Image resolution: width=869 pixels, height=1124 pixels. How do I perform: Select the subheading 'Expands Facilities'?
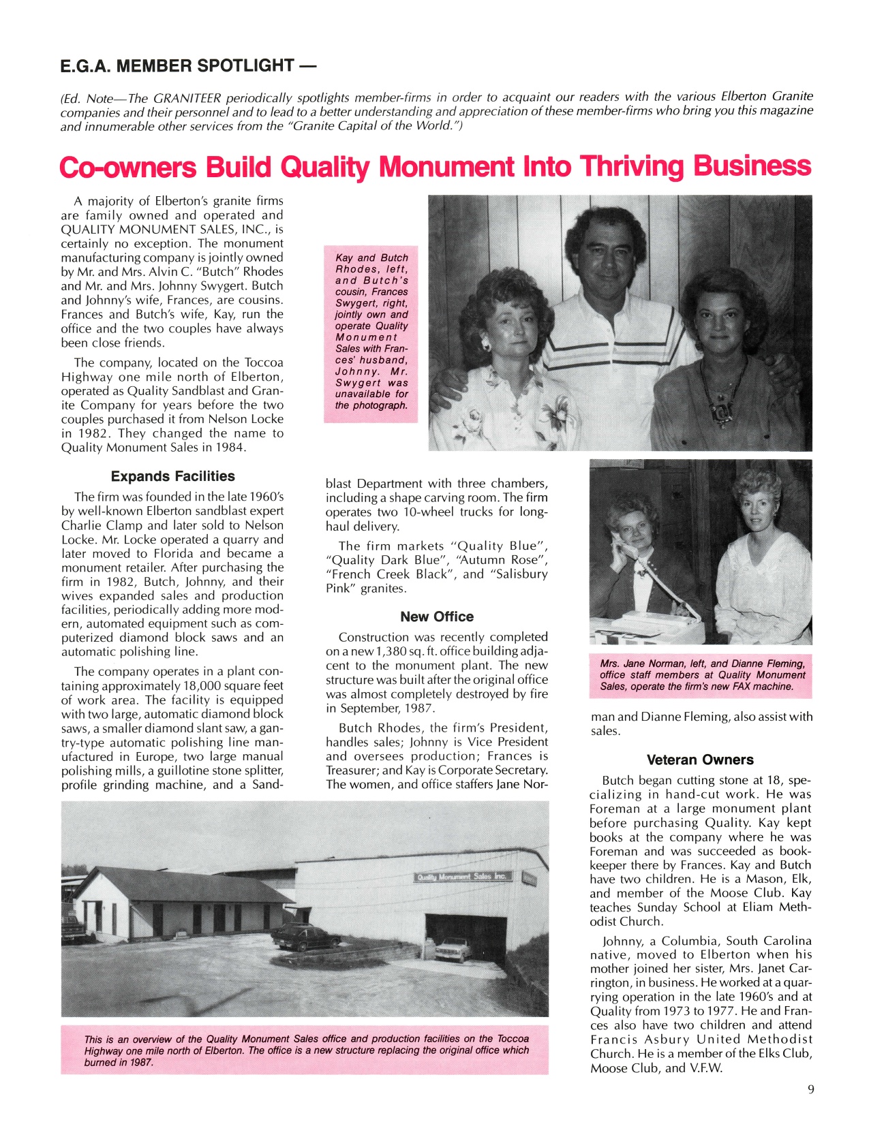(172, 476)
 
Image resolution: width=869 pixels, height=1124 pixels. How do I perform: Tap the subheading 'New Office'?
(437, 616)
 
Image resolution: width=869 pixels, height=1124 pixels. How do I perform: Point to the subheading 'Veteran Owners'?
(700, 760)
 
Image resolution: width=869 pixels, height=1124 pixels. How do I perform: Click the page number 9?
(810, 1089)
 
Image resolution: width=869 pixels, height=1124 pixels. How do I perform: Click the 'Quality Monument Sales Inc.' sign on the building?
(461, 877)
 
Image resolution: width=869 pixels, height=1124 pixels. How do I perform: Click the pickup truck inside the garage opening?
(455, 949)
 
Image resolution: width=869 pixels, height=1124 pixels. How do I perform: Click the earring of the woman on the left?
(485, 345)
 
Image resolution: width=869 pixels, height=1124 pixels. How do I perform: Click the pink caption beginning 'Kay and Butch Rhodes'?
(371, 331)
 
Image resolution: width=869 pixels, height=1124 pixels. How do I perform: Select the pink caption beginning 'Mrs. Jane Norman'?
(701, 674)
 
